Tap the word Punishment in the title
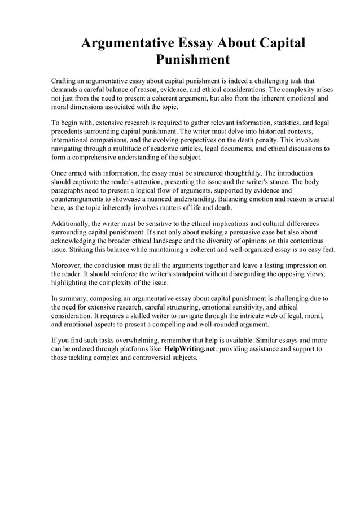(x=193, y=60)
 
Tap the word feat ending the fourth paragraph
(x=328, y=250)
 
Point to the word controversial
(x=144, y=359)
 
